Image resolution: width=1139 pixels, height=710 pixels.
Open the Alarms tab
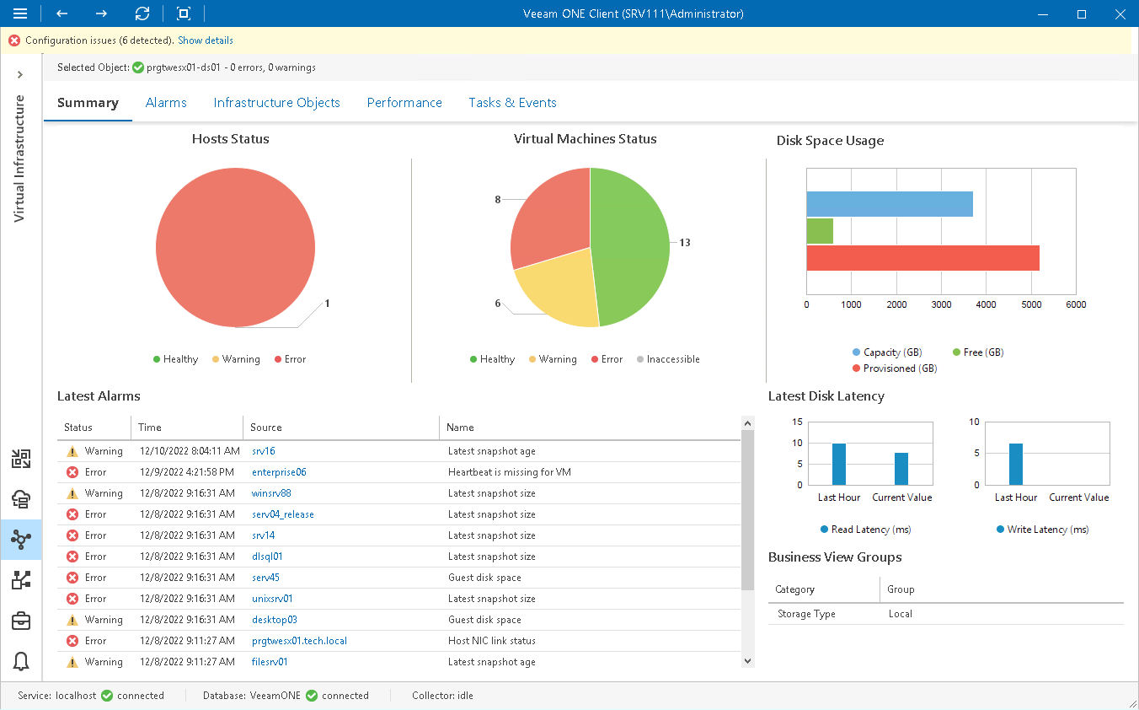[x=166, y=103]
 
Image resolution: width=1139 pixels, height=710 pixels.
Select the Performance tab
[x=404, y=103]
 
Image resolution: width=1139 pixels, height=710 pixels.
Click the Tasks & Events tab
[x=512, y=103]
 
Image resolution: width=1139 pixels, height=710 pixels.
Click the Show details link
[x=206, y=40]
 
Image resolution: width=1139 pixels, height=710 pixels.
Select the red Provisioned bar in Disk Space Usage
[x=922, y=258]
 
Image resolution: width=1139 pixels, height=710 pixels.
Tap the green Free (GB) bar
[x=820, y=231]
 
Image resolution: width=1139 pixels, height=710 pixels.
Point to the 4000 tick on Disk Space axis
[x=986, y=304]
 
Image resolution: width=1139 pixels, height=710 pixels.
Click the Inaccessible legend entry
[x=672, y=359]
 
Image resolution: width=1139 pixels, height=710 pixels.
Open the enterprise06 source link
[x=279, y=472]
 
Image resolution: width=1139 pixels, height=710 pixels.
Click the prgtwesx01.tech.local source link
[x=299, y=641]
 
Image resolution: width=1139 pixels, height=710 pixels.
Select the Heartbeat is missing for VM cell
[x=509, y=472]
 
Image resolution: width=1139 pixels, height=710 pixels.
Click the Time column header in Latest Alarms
[x=150, y=428]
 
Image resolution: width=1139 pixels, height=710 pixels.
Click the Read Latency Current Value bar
[x=901, y=469]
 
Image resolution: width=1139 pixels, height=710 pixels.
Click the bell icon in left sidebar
[x=21, y=662]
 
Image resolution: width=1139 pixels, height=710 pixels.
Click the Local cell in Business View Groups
[x=900, y=614]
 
